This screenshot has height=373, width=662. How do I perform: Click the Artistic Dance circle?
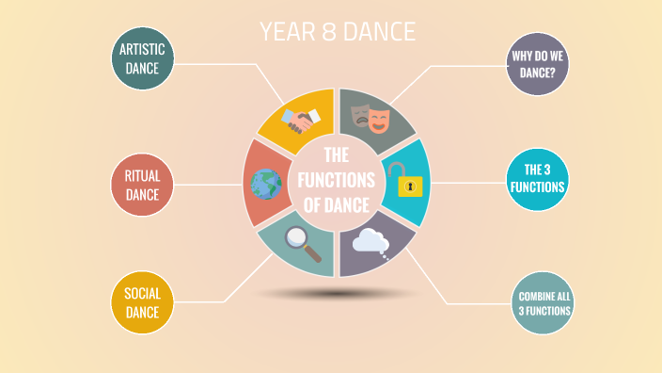142,61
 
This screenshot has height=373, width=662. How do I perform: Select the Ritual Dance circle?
142,184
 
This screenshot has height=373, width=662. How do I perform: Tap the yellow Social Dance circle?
142,302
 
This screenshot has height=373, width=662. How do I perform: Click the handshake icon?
300,120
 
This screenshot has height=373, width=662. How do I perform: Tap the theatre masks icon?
370,117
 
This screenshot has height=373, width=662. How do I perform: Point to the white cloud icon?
371,243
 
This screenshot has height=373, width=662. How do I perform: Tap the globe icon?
266,183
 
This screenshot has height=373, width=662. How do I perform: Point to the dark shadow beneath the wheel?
337,294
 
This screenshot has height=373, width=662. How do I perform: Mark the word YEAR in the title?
283,32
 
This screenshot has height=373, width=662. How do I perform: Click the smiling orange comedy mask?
378,120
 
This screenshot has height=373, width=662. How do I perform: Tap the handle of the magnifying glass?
311,253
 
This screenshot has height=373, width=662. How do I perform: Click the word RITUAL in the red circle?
142,174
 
